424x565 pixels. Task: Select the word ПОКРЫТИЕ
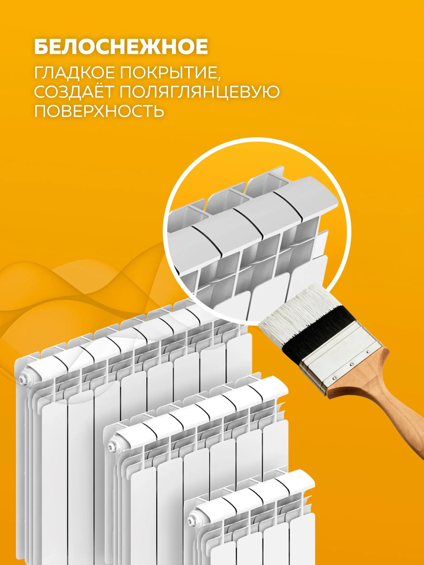pos(169,73)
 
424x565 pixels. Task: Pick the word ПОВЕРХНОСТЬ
pos(99,111)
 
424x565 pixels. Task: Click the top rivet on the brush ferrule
pos(368,351)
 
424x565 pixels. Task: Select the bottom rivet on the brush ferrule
pos(334,378)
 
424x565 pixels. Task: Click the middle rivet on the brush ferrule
pos(351,364)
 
